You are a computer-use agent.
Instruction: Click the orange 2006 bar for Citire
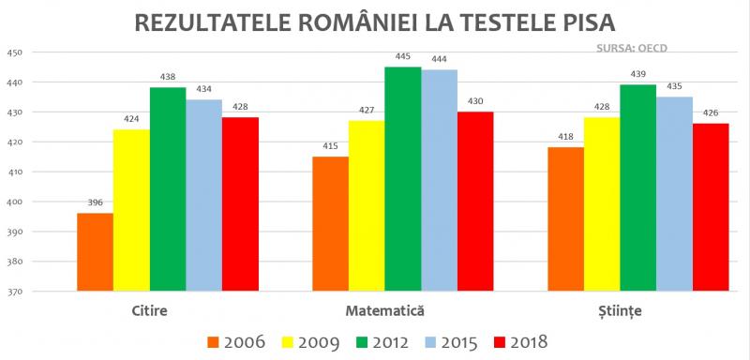95,252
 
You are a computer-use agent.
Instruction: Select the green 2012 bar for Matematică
402,179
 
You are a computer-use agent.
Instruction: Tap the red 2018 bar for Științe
710,207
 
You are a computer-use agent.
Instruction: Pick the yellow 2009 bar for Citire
131,211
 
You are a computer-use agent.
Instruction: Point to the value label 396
95,203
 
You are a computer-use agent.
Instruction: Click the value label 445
402,57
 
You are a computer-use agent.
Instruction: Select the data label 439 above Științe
637,75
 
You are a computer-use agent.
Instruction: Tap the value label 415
330,146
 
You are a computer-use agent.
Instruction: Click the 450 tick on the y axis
13,52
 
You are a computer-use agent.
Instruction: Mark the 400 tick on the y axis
13,202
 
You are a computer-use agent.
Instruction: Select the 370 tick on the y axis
13,292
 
